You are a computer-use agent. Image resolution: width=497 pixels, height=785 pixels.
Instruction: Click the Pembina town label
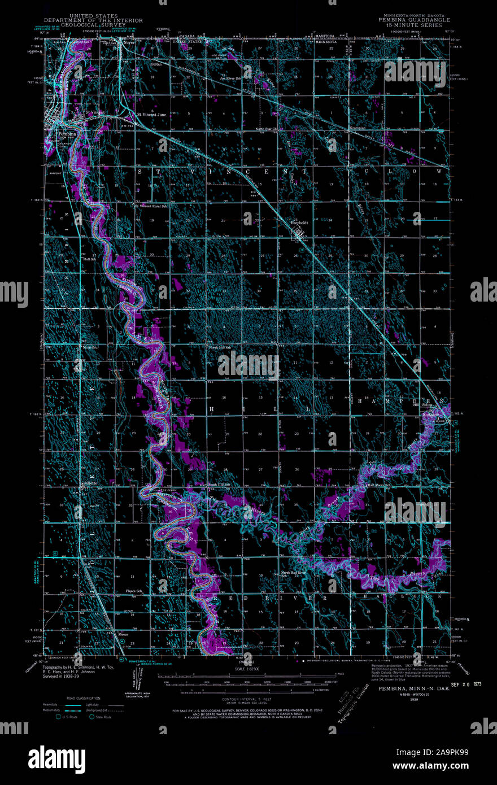click(68, 134)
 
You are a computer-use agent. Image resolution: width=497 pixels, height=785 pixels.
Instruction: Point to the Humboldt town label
click(298, 222)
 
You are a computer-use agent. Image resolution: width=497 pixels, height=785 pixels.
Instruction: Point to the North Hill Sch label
click(220, 347)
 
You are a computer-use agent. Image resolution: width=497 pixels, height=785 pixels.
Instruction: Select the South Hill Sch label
click(220, 485)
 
